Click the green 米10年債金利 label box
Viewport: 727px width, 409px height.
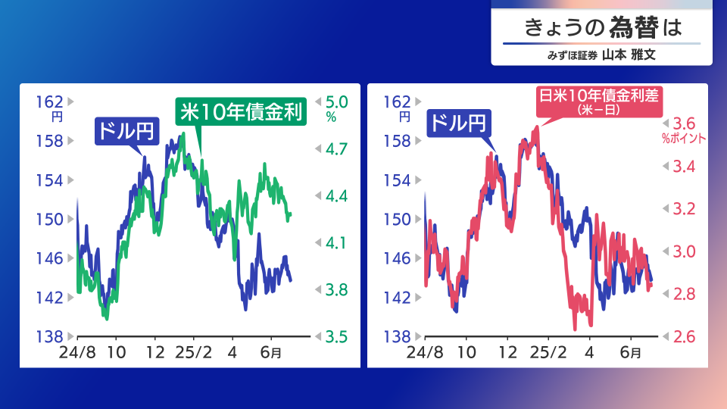241,111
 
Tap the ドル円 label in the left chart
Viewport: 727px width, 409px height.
127,131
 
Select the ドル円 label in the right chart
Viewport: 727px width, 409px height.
459,123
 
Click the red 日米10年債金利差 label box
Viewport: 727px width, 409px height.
598,101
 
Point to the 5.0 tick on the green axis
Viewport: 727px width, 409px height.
336,102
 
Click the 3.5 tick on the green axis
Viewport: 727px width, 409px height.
336,336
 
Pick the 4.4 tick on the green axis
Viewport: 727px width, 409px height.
336,195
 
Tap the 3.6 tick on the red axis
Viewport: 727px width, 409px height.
684,123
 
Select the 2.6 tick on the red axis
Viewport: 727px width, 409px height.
684,336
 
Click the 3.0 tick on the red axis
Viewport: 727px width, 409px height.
684,251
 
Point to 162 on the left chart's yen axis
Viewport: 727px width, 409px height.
50,101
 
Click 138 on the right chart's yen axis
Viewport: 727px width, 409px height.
397,336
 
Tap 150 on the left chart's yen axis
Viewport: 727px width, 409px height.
50,219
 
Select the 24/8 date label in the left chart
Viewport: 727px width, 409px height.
77,352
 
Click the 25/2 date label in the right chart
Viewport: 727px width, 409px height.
548,352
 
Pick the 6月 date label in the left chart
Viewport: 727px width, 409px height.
271,352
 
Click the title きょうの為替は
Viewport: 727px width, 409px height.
603,27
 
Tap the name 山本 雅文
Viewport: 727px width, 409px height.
629,55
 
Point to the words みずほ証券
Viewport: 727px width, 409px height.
573,55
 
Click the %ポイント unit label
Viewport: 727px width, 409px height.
684,138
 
